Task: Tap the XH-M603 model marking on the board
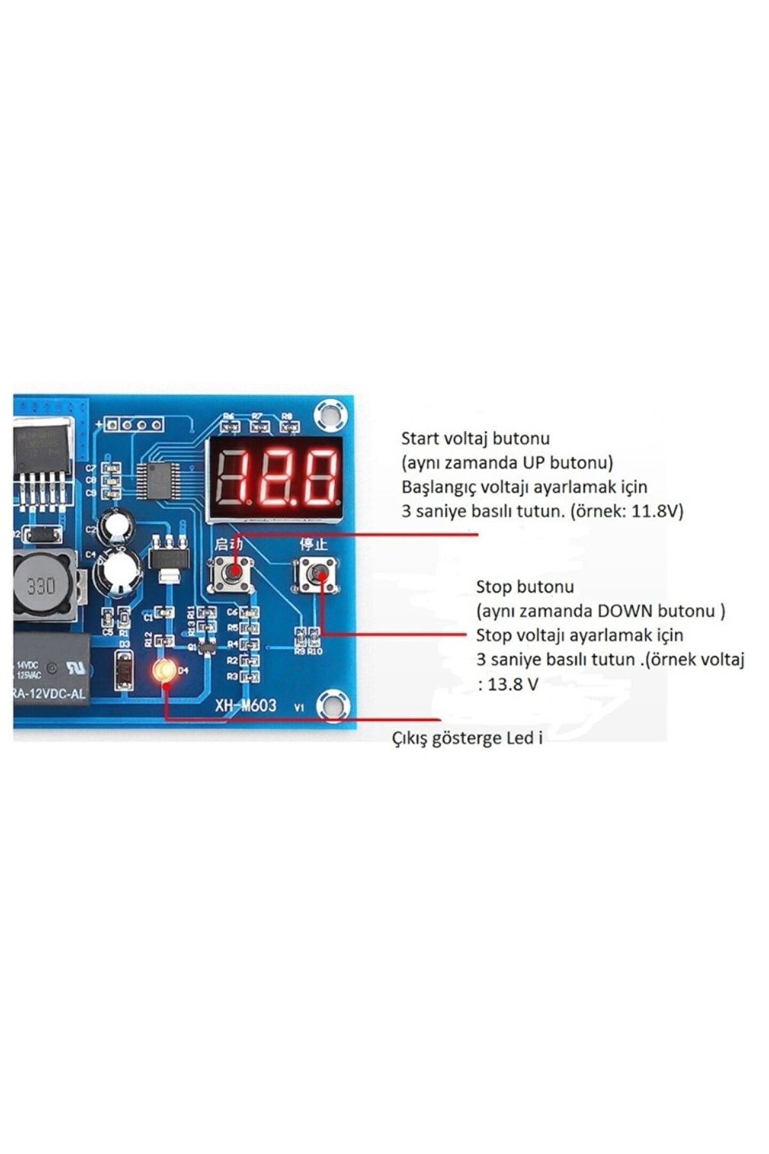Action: tap(246, 705)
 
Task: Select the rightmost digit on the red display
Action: tap(321, 477)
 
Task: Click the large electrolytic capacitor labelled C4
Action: tap(117, 570)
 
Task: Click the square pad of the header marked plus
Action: tap(112, 425)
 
